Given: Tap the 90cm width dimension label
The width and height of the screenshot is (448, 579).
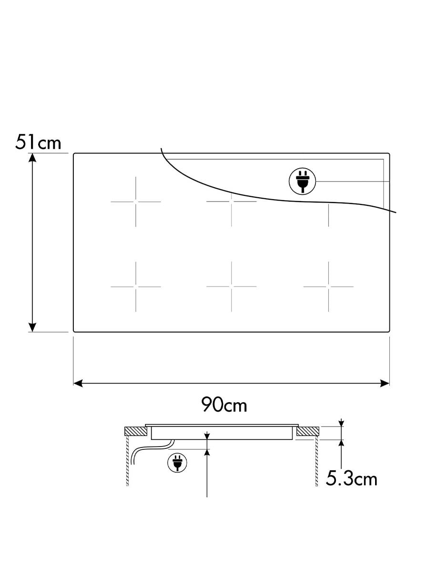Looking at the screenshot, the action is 224,404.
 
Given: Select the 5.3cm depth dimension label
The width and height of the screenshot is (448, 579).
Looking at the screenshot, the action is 351,478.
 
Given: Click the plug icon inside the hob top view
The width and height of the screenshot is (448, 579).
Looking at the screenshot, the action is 302,181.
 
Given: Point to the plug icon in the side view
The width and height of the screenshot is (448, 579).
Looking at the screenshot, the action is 177,463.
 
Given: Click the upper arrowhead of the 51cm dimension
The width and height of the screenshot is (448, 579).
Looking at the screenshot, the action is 32,158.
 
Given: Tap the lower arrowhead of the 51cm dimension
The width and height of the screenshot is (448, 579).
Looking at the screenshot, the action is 32,327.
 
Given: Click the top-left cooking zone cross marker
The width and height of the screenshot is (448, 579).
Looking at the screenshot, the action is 136,202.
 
